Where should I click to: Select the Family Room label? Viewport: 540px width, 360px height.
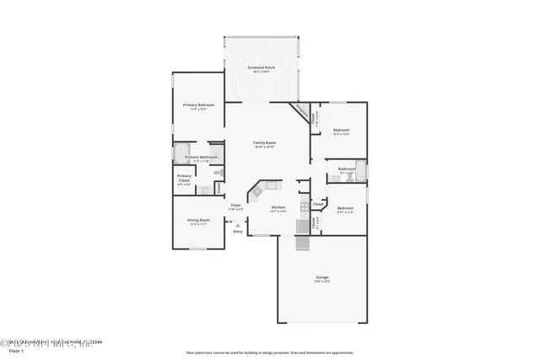pyautogui.click(x=265, y=144)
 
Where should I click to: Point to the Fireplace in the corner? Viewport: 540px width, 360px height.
pyautogui.click(x=300, y=111)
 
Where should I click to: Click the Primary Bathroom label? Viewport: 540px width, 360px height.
pyautogui.click(x=202, y=158)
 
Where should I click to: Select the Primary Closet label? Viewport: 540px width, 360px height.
pyautogui.click(x=184, y=179)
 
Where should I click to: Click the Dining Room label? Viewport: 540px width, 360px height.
pyautogui.click(x=199, y=223)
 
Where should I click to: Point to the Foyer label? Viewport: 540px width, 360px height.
pyautogui.click(x=236, y=206)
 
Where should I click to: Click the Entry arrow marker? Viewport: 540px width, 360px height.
pyautogui.click(x=238, y=225)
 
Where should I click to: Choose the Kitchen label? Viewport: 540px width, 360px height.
pyautogui.click(x=278, y=207)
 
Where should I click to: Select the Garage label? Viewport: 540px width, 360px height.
pyautogui.click(x=321, y=279)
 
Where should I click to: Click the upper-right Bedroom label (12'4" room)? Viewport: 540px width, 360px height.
pyautogui.click(x=341, y=132)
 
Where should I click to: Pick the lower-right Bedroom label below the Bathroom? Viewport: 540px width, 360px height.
pyautogui.click(x=346, y=208)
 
